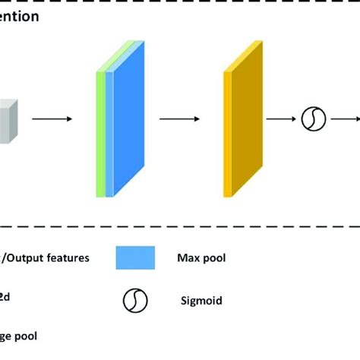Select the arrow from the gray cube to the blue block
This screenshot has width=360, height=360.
coord(52,118)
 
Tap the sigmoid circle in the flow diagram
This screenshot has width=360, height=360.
coord(314,118)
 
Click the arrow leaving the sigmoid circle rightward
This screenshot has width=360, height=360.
coord(346,118)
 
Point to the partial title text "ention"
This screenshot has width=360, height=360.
coord(20,16)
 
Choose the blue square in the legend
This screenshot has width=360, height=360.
coord(135,257)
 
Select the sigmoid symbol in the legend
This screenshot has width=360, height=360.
coord(134,302)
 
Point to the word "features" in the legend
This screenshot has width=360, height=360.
coord(66,257)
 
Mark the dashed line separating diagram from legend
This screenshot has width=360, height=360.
coord(180,225)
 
